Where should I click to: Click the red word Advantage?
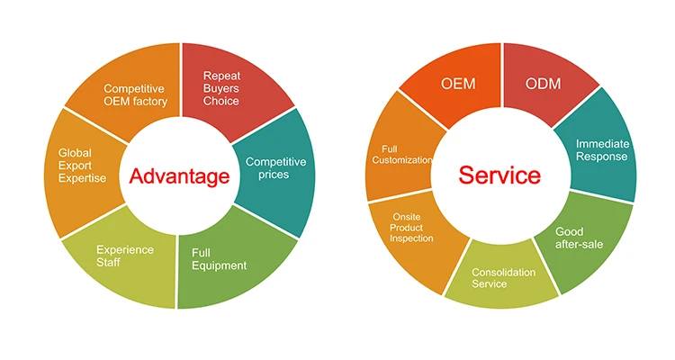pos(179,176)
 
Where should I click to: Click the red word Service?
pos(499,174)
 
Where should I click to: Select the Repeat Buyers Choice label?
pos(221,88)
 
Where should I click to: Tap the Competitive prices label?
pos(276,167)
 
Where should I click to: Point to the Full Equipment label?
pos(219,258)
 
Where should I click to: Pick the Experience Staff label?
pos(126,256)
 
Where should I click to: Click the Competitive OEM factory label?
pos(135,94)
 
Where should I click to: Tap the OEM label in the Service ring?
pos(458,84)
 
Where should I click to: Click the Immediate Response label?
pos(602,150)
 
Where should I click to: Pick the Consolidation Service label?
pos(503,278)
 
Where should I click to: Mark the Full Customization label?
pos(401,154)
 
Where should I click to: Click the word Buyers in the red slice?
pos(221,88)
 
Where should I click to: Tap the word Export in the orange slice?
pos(76,166)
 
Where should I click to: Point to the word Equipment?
pos(219,265)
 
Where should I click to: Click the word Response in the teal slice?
pos(602,157)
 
